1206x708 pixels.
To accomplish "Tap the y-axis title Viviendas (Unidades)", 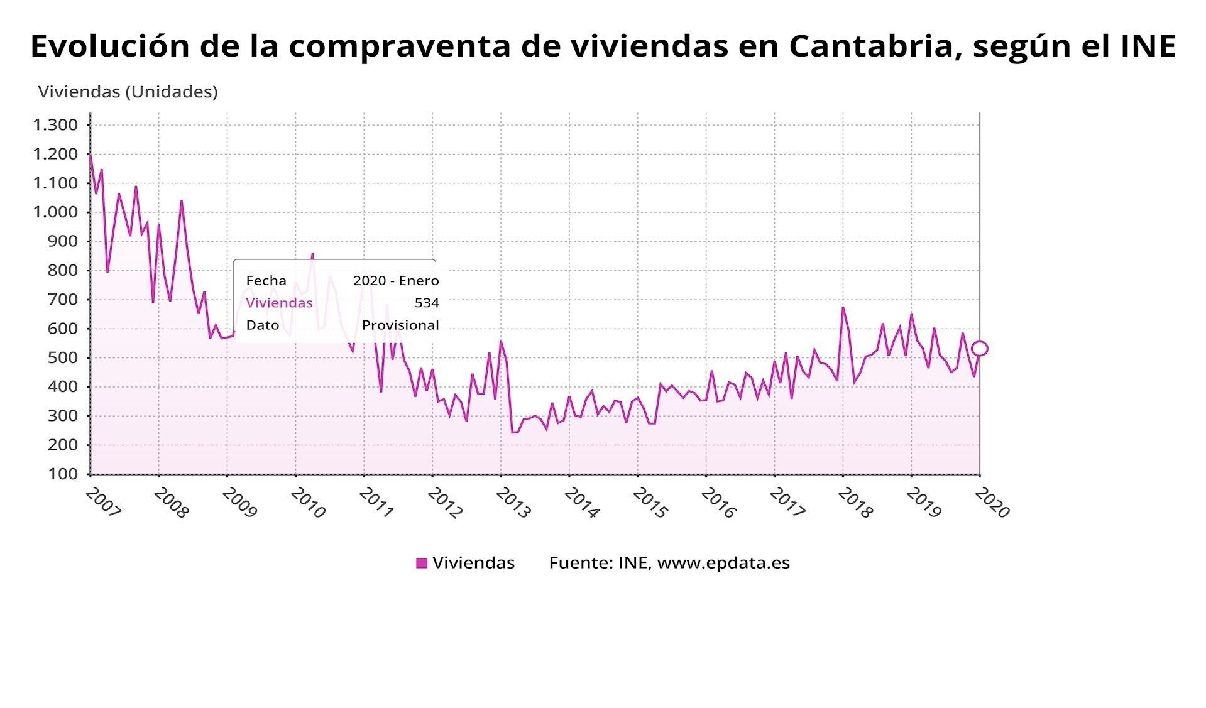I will [128, 92].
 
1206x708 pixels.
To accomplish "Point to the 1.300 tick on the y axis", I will [55, 125].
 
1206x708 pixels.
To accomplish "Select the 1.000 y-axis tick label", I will [55, 212].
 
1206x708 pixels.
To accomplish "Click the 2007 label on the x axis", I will [102, 504].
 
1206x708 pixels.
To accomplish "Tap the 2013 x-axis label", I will [513, 504].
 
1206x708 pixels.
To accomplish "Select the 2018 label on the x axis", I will [855, 504].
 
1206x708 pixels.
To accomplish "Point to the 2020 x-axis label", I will [992, 504].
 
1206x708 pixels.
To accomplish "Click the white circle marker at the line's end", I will [979, 349].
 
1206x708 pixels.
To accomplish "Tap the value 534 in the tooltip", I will [427, 303].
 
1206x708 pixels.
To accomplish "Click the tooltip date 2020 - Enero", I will [396, 281].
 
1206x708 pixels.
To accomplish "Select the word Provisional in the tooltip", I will [400, 325].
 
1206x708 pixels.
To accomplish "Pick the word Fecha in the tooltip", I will [266, 281].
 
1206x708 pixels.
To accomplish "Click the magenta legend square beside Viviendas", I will [422, 563].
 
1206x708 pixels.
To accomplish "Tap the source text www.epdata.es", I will [723, 563].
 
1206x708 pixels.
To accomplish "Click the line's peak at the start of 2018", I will [843, 307].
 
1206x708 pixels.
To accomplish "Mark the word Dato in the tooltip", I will [263, 325].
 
